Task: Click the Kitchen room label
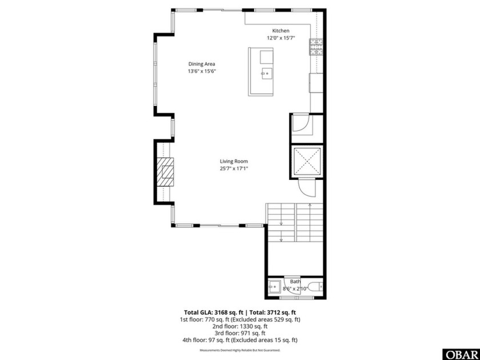(x=280, y=31)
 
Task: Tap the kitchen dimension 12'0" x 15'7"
(x=280, y=38)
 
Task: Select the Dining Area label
(x=202, y=64)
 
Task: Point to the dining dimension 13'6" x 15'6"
(x=202, y=71)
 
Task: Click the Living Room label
(x=234, y=161)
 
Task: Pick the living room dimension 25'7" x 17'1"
(x=234, y=169)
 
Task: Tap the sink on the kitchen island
(x=266, y=73)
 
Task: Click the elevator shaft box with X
(x=307, y=161)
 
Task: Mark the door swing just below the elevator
(x=306, y=186)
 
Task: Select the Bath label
(x=295, y=281)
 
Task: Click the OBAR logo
(x=460, y=354)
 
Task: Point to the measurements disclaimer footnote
(x=239, y=350)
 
